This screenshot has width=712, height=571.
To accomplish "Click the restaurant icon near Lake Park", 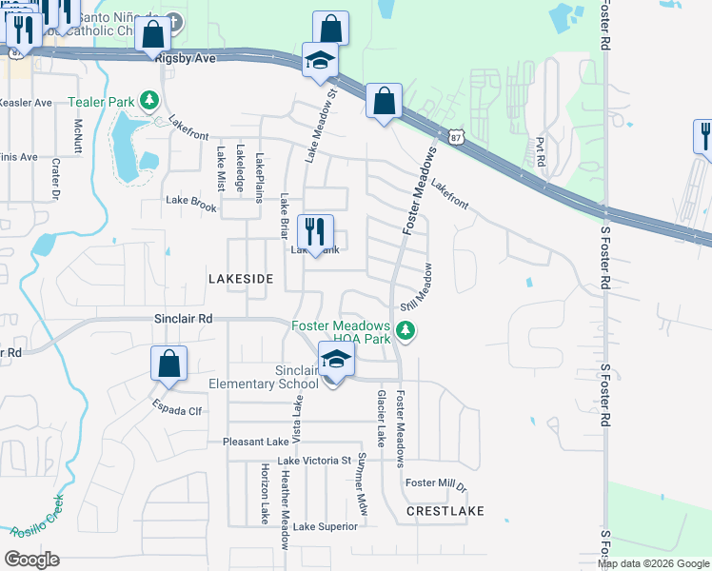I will coord(315,231).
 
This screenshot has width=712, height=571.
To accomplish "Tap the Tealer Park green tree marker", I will coord(148,101).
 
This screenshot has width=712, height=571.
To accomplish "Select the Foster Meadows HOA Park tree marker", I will coord(406,331).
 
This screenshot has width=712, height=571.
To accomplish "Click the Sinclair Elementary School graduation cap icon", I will coord(336,360).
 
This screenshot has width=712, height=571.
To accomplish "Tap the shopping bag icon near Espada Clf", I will coord(168,364).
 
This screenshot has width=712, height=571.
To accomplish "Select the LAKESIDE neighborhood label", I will coord(241,279).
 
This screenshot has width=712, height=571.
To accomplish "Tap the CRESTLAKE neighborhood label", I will coord(445,511).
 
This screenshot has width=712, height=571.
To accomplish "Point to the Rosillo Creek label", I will coord(37,518).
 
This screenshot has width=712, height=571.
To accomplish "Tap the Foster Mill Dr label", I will coord(436,483).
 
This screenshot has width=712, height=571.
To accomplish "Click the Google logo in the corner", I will coord(31,559).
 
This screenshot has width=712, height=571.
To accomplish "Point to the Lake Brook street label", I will coord(191,201).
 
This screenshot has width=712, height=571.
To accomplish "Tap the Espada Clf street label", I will coord(176,411).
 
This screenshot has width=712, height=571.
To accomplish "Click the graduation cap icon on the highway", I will coord(320,60).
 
